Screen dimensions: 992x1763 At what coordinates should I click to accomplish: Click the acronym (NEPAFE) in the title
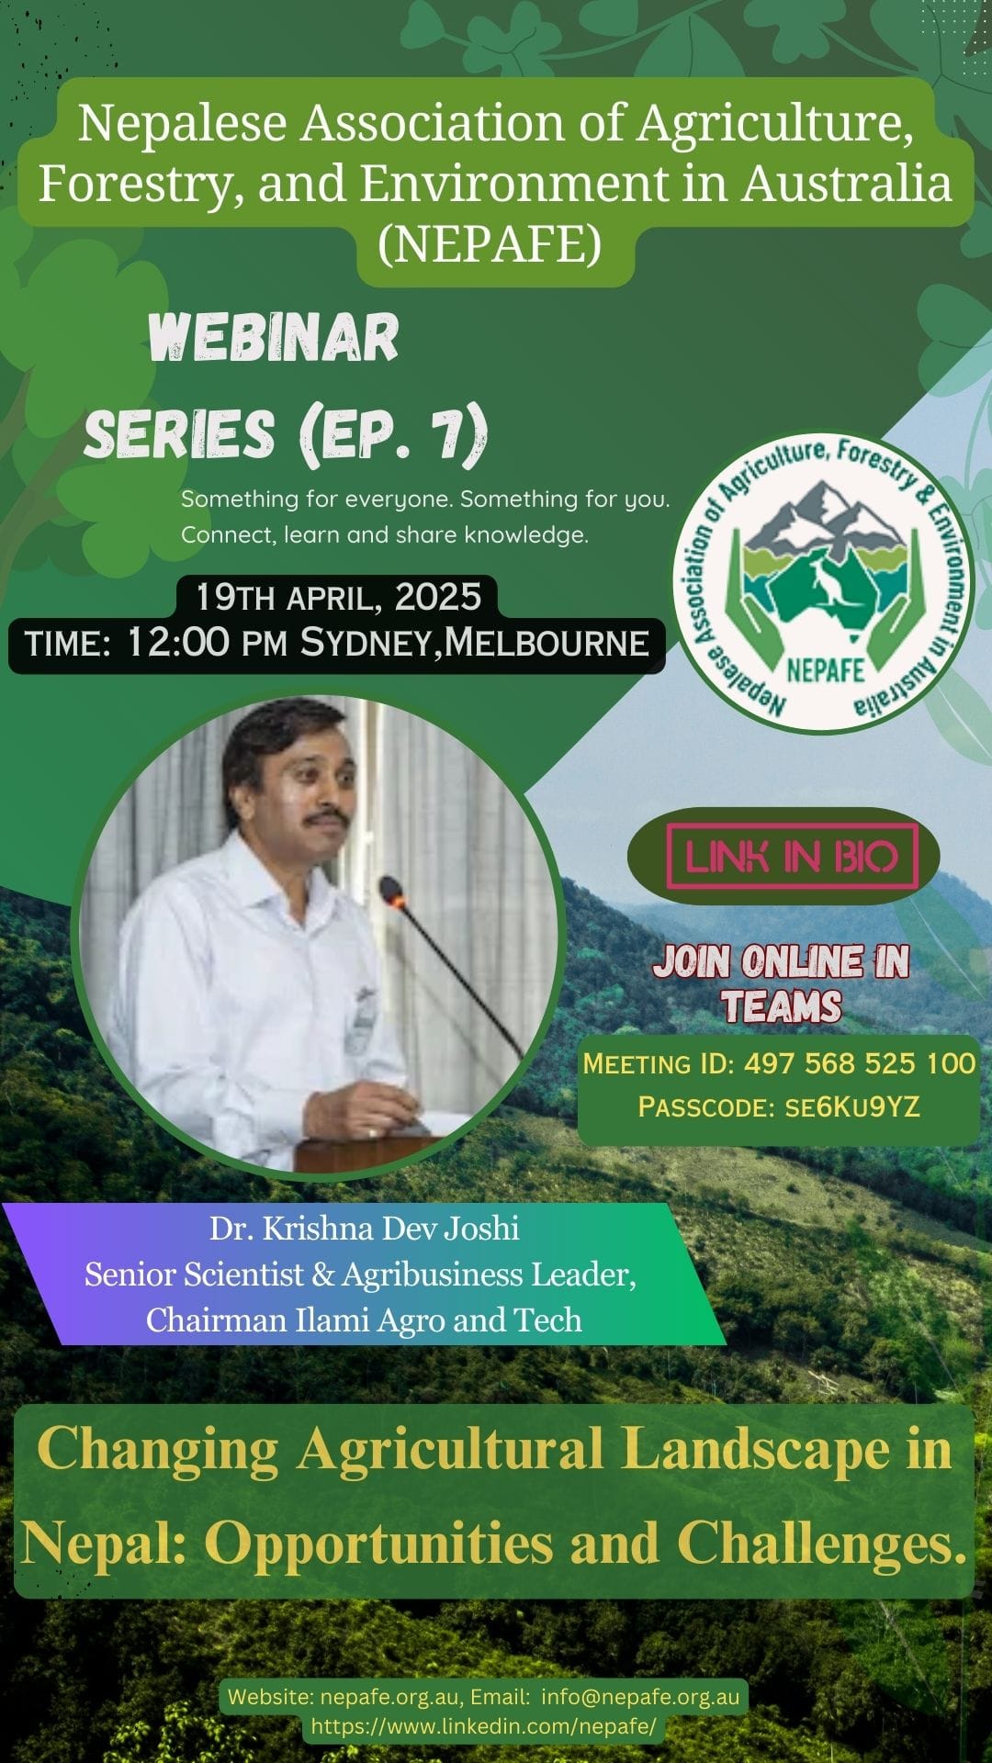point(490,243)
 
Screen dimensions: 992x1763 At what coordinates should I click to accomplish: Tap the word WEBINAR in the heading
point(274,337)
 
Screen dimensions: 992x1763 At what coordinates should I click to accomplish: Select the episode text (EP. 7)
point(394,432)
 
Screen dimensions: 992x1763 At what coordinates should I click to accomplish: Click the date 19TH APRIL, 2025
point(338,597)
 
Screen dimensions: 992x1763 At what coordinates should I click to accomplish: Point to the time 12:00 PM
point(207,642)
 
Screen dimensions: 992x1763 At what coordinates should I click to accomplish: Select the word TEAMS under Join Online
point(782,1006)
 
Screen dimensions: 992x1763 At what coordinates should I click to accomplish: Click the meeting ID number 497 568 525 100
point(860,1063)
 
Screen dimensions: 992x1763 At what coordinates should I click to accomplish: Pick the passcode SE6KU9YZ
point(851,1106)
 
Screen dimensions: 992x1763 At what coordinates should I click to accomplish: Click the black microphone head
point(392,891)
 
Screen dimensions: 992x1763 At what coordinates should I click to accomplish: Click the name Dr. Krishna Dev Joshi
point(365,1229)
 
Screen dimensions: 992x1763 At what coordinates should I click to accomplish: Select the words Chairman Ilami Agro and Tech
point(364,1319)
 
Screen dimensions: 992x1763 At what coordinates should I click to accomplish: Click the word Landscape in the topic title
point(756,1450)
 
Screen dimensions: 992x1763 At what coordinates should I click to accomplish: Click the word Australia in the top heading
point(847,183)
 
